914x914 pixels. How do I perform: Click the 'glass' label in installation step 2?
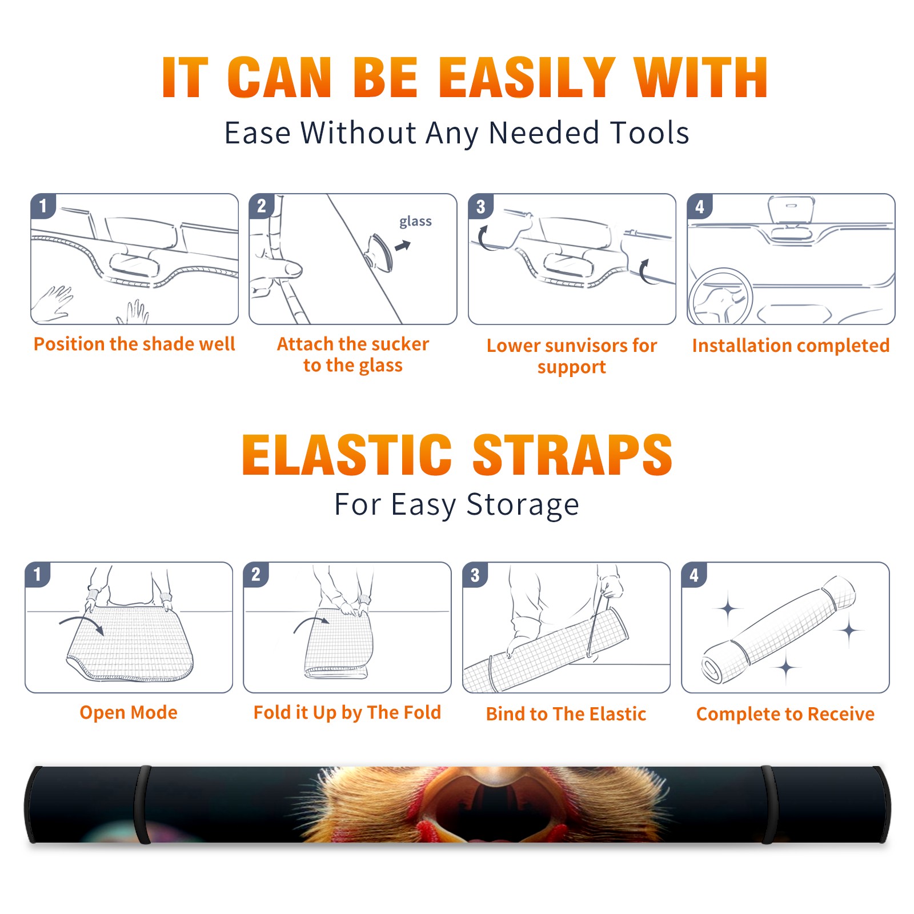pos(415,222)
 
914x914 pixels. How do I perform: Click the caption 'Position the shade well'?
pos(134,344)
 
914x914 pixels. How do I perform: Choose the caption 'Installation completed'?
pos(791,346)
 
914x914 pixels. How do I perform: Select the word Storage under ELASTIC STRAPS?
pos(523,505)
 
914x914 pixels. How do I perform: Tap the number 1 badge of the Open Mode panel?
pos(38,574)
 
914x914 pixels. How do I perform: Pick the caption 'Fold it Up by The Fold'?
pos(347,713)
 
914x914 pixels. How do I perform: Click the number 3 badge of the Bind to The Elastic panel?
pos(475,575)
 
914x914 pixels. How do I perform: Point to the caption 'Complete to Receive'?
pos(785,714)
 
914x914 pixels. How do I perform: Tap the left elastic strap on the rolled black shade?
pos(142,805)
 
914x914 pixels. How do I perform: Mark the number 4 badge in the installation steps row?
pos(700,206)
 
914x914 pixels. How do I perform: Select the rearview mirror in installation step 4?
pos(791,210)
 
